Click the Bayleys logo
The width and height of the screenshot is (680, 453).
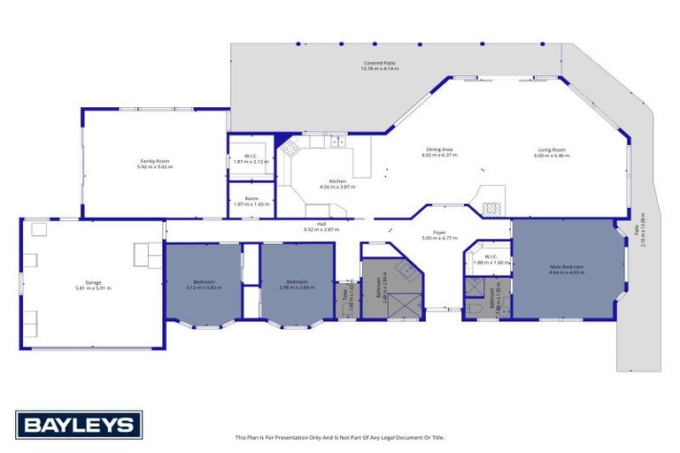point(78,425)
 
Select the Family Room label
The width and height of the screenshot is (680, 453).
point(154,163)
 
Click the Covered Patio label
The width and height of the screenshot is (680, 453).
point(378,65)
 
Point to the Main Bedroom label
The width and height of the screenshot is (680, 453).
point(566,266)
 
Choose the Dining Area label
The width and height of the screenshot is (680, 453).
point(441,150)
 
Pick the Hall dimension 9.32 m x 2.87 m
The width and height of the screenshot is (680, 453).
point(321,229)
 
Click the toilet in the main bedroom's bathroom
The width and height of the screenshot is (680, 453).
point(476,306)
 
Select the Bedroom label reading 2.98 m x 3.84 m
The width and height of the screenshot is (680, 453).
point(297,284)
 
